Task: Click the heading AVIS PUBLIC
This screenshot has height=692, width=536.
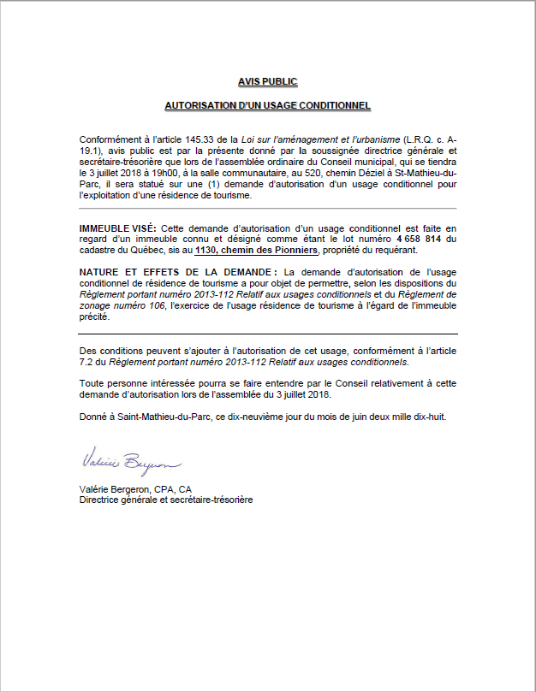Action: (268, 82)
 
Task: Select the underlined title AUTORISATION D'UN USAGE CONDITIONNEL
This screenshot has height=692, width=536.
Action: (268, 106)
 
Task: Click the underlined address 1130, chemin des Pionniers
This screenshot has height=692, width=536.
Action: (257, 251)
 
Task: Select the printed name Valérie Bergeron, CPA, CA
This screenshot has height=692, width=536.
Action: (134, 489)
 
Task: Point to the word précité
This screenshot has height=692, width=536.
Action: (94, 316)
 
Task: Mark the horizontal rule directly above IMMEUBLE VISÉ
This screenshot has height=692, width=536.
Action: (268, 209)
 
